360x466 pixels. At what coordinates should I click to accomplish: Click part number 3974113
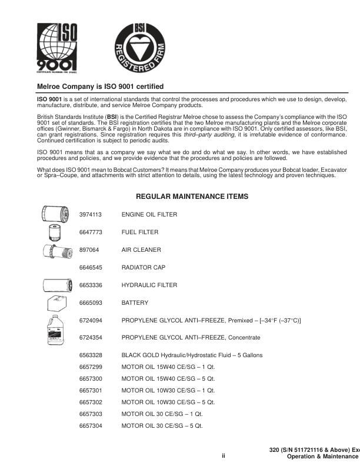[x=91, y=215]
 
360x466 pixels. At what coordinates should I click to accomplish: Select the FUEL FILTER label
[x=140, y=232]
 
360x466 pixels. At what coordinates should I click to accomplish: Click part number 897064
[x=89, y=250]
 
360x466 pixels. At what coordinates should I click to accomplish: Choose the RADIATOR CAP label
[x=143, y=268]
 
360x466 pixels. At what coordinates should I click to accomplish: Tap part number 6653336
[x=91, y=285]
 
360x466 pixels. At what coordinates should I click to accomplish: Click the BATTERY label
[x=135, y=303]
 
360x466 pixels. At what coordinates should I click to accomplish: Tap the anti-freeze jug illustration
[x=57, y=331]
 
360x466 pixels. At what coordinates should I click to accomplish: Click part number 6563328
[x=91, y=355]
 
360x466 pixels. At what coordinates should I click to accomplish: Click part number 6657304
[x=91, y=425]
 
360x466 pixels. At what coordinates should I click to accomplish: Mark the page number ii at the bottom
[x=224, y=455]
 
